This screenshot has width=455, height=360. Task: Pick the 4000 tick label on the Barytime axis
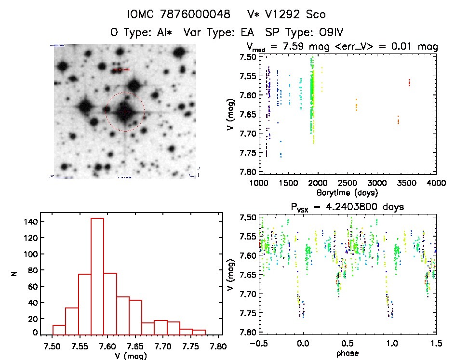pyautogui.click(x=436, y=183)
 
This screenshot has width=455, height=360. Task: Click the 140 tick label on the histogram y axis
pyautogui.click(x=28, y=221)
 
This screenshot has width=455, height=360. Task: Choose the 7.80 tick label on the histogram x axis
pyautogui.click(x=220, y=346)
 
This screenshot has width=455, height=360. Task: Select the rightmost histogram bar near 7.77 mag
pyautogui.click(x=199, y=332)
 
